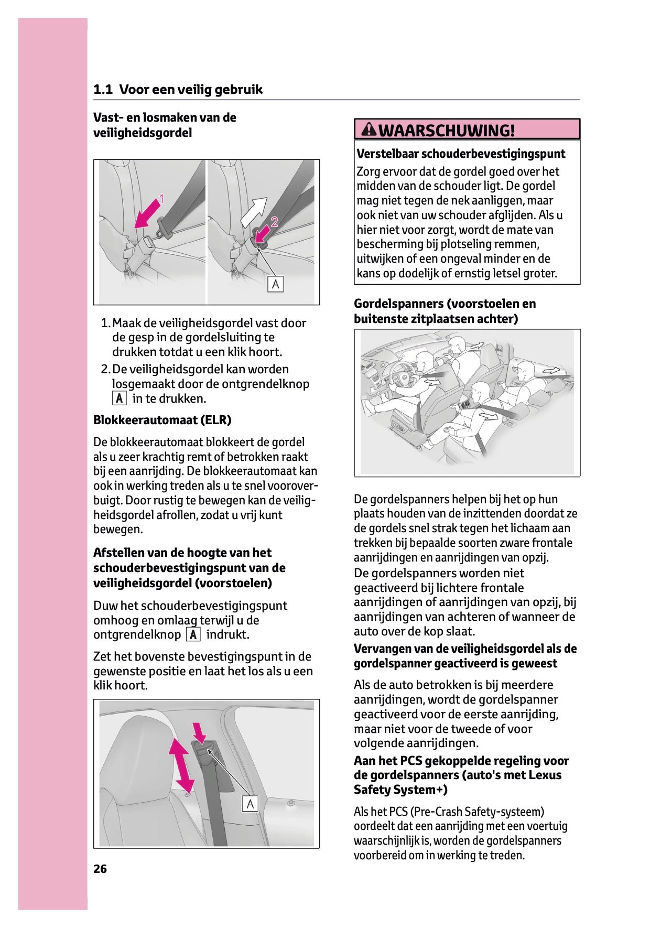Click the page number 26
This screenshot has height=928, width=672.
[x=100, y=869]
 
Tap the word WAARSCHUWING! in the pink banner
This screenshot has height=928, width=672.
[x=446, y=130]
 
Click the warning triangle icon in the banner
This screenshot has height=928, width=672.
[x=370, y=129]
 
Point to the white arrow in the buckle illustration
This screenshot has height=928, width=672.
[x=254, y=211]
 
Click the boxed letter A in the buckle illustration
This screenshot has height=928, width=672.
[x=275, y=284]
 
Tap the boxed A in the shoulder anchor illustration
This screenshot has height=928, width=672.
[x=250, y=803]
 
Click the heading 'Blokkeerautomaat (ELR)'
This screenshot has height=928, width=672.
[x=162, y=420]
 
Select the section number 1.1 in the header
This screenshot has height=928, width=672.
[x=103, y=90]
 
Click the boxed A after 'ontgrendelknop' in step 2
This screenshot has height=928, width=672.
[x=120, y=398]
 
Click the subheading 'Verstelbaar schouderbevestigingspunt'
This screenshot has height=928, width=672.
[x=461, y=154]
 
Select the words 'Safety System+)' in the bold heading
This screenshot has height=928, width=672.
[x=400, y=790]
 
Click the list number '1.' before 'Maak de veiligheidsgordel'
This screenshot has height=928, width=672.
[x=105, y=323]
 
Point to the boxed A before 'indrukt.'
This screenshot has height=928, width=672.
[x=193, y=635]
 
